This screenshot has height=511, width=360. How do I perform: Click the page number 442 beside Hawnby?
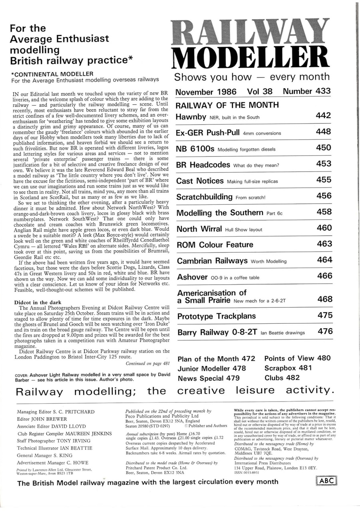[x=323, y=116]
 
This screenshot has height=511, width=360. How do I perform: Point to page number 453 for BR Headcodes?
[x=323, y=164]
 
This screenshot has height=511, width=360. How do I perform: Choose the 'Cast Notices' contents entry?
[x=200, y=181]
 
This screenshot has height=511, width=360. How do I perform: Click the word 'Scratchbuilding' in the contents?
[x=204, y=197]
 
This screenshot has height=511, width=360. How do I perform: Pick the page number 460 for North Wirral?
[x=323, y=228]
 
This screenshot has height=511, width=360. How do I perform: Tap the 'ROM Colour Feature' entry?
[x=215, y=244]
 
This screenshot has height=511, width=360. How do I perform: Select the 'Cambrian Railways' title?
[x=212, y=261]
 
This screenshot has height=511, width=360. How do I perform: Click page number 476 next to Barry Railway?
[x=324, y=331]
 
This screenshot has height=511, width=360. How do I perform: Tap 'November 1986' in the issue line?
[x=205, y=92]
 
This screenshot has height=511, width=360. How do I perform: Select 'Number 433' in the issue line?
[x=306, y=91]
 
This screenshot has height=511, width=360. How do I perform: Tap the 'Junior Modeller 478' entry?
[x=211, y=368]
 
